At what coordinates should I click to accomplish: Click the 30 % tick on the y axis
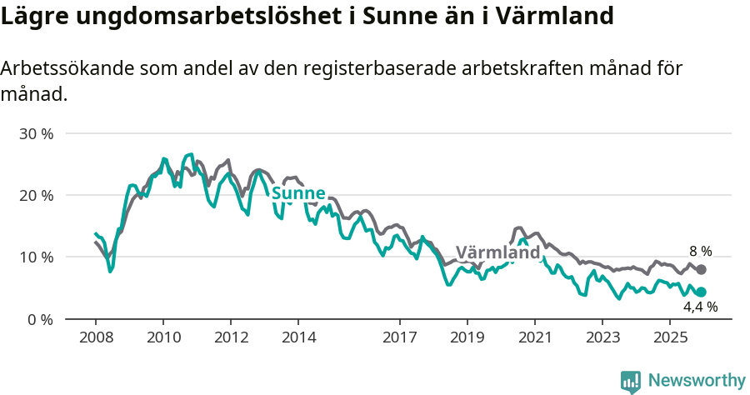pos(37,133)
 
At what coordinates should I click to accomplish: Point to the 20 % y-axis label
pos(37,195)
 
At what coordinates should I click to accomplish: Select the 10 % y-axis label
pos(37,257)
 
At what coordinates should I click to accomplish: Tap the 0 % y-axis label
pos(41,319)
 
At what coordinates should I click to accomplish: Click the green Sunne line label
pos(298,194)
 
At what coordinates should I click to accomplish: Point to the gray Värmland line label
pos(498,252)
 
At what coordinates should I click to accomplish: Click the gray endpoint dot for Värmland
pos(701,270)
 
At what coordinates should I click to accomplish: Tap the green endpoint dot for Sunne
pos(701,292)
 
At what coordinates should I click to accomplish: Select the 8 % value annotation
pos(700,251)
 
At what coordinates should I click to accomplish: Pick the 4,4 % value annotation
pos(700,307)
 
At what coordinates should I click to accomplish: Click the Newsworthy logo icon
pos(631,382)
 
